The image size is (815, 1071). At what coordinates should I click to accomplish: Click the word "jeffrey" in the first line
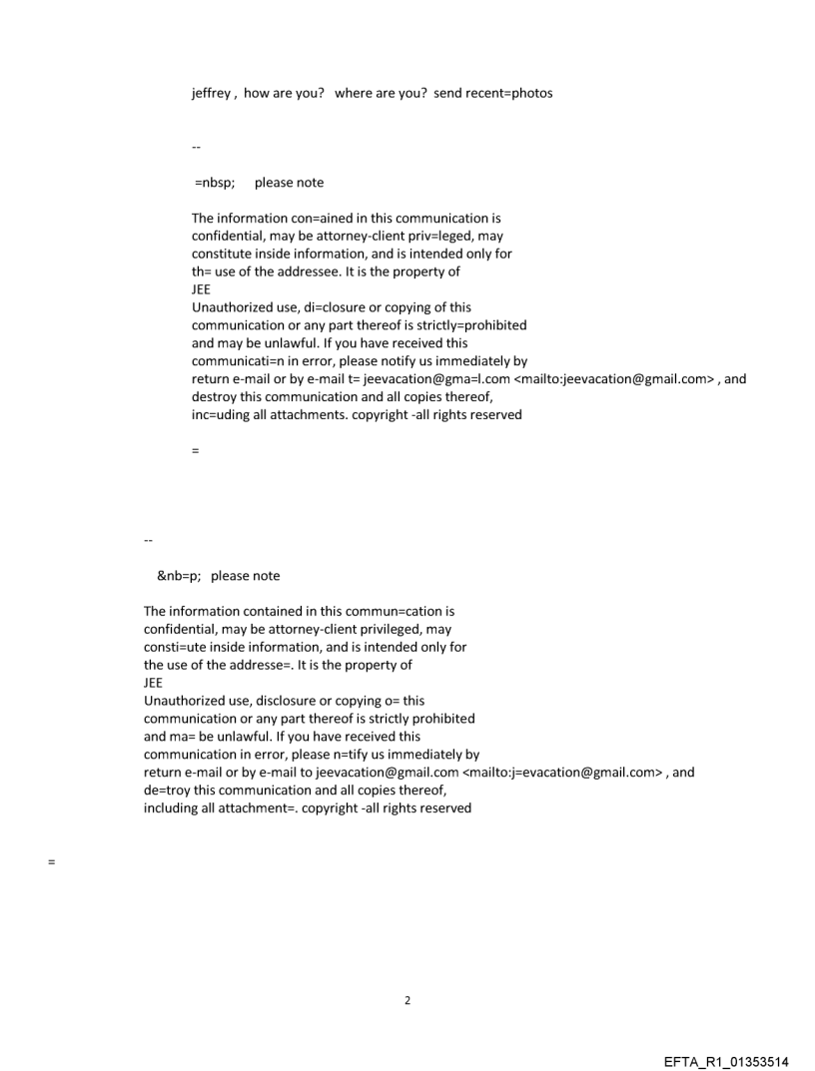[x=212, y=94]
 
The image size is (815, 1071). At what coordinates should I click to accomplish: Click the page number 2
[x=407, y=1000]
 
